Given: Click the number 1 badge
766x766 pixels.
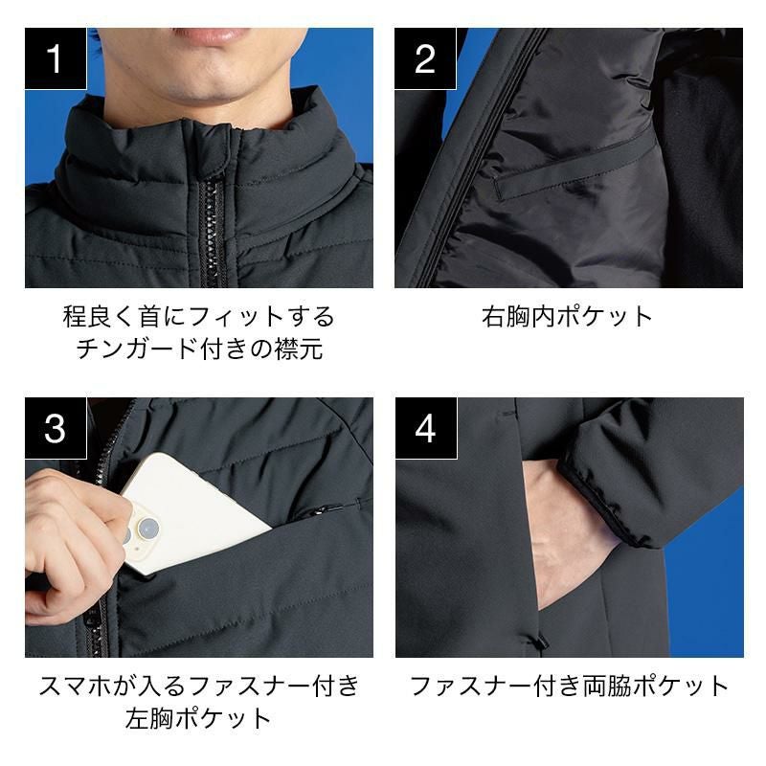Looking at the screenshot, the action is click(56, 58).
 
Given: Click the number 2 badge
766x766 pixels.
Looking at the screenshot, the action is click(425, 58).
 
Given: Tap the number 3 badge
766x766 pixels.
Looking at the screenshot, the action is click(56, 428).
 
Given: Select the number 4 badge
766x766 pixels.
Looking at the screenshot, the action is click(426, 428).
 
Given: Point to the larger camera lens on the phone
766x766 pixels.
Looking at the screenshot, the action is click(147, 528).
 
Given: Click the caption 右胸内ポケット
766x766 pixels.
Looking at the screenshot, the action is click(567, 316).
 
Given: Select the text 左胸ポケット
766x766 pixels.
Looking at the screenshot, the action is click(198, 719).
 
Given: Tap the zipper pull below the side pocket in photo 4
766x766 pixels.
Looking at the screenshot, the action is click(541, 639).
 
